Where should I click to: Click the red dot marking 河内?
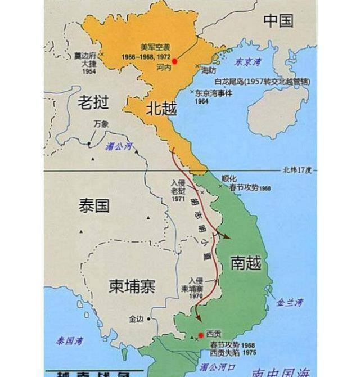click(174, 61)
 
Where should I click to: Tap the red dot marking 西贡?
click(201, 335)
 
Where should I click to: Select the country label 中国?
click(278, 21)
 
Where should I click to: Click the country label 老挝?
click(92, 102)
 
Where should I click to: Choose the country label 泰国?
click(94, 206)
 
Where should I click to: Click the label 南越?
click(246, 262)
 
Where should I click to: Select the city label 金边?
click(137, 319)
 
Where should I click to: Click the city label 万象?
click(102, 124)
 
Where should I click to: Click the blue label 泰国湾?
click(69, 340)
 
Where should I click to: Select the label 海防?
click(209, 70)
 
